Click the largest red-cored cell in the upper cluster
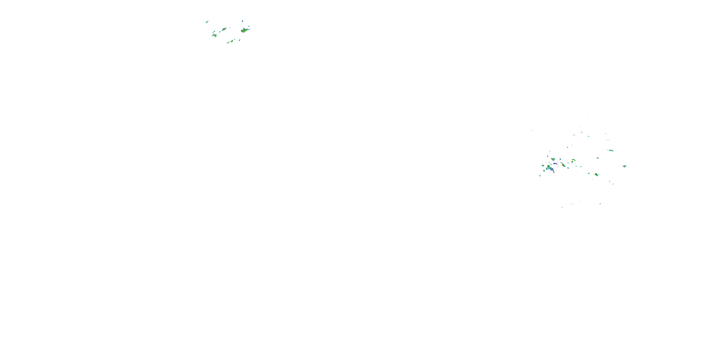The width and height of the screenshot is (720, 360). tap(243, 31)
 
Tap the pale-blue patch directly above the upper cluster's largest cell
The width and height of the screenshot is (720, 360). tap(242, 21)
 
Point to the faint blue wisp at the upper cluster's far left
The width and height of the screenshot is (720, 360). tap(207, 22)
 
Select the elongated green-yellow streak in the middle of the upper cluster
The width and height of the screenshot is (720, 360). tap(224, 29)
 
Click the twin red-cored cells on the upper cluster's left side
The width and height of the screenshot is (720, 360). tap(215, 36)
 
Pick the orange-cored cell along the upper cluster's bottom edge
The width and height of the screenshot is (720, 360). tap(232, 41)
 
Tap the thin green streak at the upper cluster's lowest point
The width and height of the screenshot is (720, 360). tap(228, 43)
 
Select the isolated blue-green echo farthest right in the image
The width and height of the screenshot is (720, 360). tap(624, 166)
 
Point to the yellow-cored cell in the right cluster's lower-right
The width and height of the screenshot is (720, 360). tap(596, 175)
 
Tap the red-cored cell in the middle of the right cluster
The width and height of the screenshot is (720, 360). tap(563, 165)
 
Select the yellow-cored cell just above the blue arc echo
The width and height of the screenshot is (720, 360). tap(553, 159)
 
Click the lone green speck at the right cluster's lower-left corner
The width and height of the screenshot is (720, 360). tap(540, 176)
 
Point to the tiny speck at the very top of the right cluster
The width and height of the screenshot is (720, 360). tap(589, 115)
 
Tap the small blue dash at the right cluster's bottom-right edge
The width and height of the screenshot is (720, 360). tap(600, 204)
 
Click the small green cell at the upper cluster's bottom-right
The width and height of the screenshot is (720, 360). tap(239, 40)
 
